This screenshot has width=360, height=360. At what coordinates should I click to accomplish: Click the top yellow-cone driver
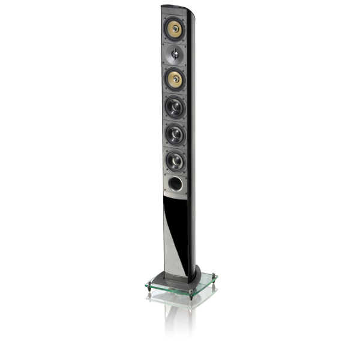[x=175, y=28]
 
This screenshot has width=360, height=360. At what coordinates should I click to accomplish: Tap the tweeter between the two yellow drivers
[x=175, y=55]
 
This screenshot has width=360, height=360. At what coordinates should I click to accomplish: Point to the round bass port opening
[x=176, y=184]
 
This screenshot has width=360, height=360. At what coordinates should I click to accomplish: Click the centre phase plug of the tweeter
[x=175, y=55]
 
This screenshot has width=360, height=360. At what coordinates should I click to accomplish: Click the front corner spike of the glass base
[x=190, y=296]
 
